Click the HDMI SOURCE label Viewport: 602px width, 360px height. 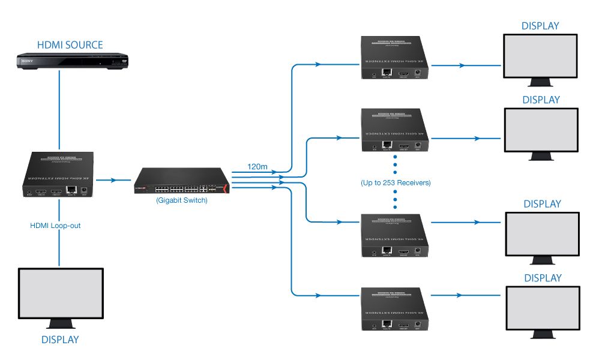pyautogui.click(x=70, y=45)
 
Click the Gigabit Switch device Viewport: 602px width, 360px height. pyautogui.click(x=182, y=180)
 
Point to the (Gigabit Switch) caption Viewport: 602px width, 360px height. pyautogui.click(x=181, y=200)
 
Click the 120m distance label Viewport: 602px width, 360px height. pyautogui.click(x=257, y=165)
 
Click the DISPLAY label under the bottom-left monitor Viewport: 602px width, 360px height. pyautogui.click(x=60, y=340)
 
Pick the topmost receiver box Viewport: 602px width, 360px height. pyautogui.click(x=397, y=58)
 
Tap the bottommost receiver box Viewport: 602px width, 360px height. pyautogui.click(x=397, y=309)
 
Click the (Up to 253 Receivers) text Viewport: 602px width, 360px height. pyautogui.click(x=396, y=182)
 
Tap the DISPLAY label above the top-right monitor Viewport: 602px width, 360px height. pyautogui.click(x=540, y=26)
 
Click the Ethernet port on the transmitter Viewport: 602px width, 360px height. pyautogui.click(x=72, y=191)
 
